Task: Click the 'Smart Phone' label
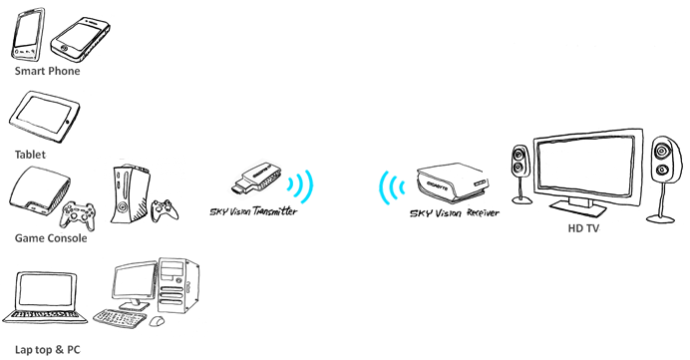tap(48, 71)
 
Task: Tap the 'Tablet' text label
tap(30, 155)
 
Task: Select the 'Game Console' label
tap(51, 238)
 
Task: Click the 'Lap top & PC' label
tap(48, 350)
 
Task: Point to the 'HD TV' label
tap(583, 228)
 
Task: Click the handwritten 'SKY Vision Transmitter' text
tap(253, 211)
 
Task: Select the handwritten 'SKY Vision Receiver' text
tap(455, 213)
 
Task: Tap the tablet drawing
tap(44, 117)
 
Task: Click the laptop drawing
tap(45, 298)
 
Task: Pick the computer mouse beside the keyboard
tap(157, 321)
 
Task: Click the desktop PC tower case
tap(178, 285)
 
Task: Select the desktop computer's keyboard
tap(120, 318)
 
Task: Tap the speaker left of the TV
tap(521, 175)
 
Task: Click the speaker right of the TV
tap(663, 180)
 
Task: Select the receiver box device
tap(453, 181)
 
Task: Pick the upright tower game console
tap(129, 194)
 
